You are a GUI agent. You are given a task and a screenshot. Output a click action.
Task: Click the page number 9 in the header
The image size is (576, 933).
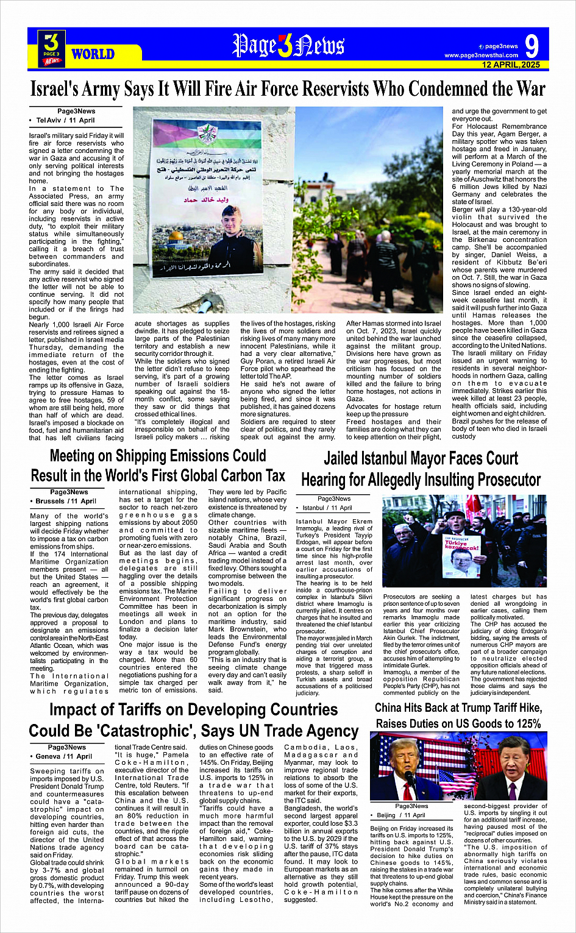pyautogui.click(x=532, y=46)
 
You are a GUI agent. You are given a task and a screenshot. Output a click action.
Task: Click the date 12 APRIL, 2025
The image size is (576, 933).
pyautogui.click(x=511, y=65)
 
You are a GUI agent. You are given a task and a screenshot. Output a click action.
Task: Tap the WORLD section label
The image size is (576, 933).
pyautogui.click(x=93, y=54)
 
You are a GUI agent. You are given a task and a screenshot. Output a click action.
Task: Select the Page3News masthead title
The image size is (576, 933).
pyautogui.click(x=288, y=46)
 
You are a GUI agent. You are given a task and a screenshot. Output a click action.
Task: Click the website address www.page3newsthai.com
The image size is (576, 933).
pyautogui.click(x=481, y=55)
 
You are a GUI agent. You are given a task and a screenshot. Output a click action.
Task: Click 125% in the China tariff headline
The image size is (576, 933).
pyautogui.click(x=524, y=724)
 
